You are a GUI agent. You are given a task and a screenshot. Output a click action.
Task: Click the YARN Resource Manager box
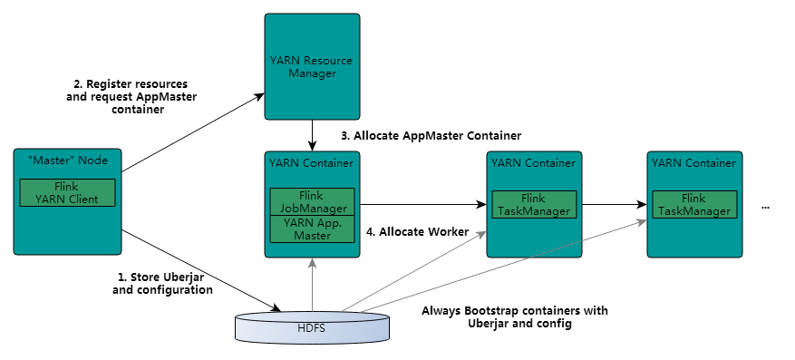pyautogui.click(x=312, y=66)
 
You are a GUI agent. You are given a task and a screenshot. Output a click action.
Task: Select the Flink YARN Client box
pyautogui.click(x=67, y=192)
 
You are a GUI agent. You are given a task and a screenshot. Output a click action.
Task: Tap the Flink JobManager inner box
pyautogui.click(x=312, y=202)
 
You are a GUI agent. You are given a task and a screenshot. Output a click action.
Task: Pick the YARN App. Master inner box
pyautogui.click(x=312, y=229)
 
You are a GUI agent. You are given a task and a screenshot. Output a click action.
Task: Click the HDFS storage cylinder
pyautogui.click(x=313, y=326)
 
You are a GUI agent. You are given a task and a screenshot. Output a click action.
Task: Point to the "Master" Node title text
pyautogui.click(x=67, y=161)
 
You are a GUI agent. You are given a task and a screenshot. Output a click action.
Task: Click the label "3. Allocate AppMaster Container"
pyautogui.click(x=431, y=136)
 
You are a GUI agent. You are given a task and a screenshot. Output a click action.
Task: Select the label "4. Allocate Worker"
pyautogui.click(x=417, y=232)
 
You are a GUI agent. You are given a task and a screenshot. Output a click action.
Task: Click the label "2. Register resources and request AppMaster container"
pyautogui.click(x=131, y=96)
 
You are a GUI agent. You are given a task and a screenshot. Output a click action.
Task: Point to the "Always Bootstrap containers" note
pyautogui.click(x=515, y=316)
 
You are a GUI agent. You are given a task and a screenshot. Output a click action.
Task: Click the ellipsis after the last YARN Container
pyautogui.click(x=766, y=208)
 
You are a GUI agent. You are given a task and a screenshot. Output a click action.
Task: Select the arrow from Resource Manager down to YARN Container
pyautogui.click(x=313, y=135)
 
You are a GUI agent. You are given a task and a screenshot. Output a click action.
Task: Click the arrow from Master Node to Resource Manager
pyautogui.click(x=193, y=132)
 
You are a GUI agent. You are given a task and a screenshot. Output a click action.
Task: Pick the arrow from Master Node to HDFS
pyautogui.click(x=201, y=271)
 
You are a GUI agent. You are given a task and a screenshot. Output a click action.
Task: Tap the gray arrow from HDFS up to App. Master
pyautogui.click(x=313, y=284)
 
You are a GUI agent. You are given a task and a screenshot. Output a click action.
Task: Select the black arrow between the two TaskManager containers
pyautogui.click(x=614, y=204)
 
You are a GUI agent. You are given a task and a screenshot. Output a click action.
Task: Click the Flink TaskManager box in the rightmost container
pyautogui.click(x=694, y=204)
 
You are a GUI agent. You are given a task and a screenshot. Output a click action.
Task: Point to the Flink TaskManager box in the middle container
pyautogui.click(x=534, y=204)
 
